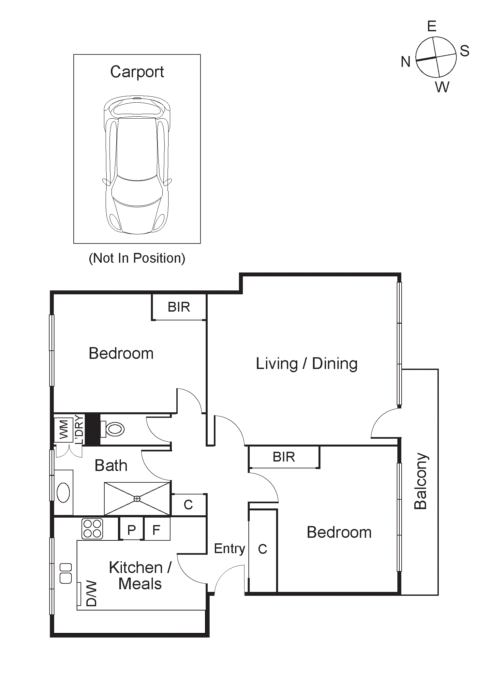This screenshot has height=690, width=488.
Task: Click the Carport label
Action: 137,72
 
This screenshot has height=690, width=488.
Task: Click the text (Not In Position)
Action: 137,258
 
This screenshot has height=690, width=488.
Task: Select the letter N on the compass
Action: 406,62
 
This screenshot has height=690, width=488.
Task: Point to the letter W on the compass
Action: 442,87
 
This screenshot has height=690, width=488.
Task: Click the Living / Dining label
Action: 306,364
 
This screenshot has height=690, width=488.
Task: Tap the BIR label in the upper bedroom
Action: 179,307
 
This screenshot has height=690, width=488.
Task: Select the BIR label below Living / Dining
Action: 284,457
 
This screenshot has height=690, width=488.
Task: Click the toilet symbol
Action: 114,429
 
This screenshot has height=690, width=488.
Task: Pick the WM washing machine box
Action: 64,429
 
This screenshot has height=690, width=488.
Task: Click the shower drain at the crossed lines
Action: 137,499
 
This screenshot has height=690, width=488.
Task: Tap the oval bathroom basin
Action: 63,492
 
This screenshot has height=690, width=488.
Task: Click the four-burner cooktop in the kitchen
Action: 92,529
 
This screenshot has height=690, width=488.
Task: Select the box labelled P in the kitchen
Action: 131,530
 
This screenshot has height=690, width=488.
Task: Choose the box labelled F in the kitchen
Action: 156,530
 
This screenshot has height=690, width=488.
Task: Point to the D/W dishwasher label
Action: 91,593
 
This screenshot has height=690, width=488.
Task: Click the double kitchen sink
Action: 66,573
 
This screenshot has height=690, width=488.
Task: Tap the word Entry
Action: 229,549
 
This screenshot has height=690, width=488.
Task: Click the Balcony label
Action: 421,481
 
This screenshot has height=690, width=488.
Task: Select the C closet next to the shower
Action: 188,505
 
